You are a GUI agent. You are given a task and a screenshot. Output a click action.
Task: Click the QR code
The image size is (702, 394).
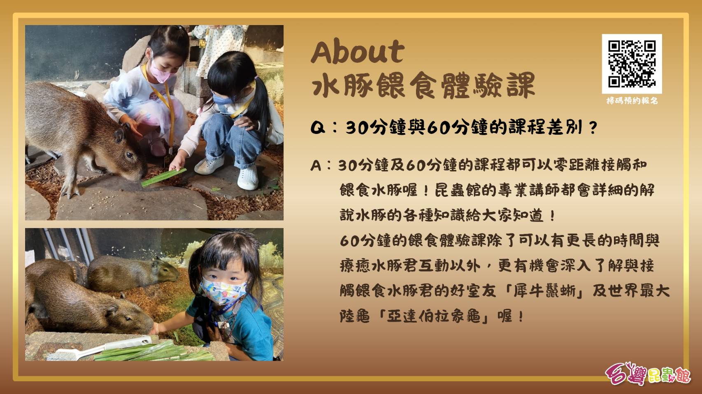point(632,64)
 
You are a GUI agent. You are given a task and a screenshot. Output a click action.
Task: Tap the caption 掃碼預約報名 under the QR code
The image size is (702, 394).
point(632,101)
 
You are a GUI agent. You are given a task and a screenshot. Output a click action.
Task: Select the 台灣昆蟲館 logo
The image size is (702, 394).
point(647,373)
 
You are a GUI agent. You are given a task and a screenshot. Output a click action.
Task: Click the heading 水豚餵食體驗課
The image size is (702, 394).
point(423,85)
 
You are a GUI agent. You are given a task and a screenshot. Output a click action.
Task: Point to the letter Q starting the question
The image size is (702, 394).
point(318,128)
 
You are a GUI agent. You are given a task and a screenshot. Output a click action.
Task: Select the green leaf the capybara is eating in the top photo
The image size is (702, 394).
point(164,177)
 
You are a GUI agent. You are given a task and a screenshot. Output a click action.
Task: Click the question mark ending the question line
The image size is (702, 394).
point(593,128)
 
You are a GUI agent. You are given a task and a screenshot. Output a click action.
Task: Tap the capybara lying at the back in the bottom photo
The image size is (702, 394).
point(132,273)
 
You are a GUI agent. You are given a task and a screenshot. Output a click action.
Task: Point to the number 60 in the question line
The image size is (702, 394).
point(437,128)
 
